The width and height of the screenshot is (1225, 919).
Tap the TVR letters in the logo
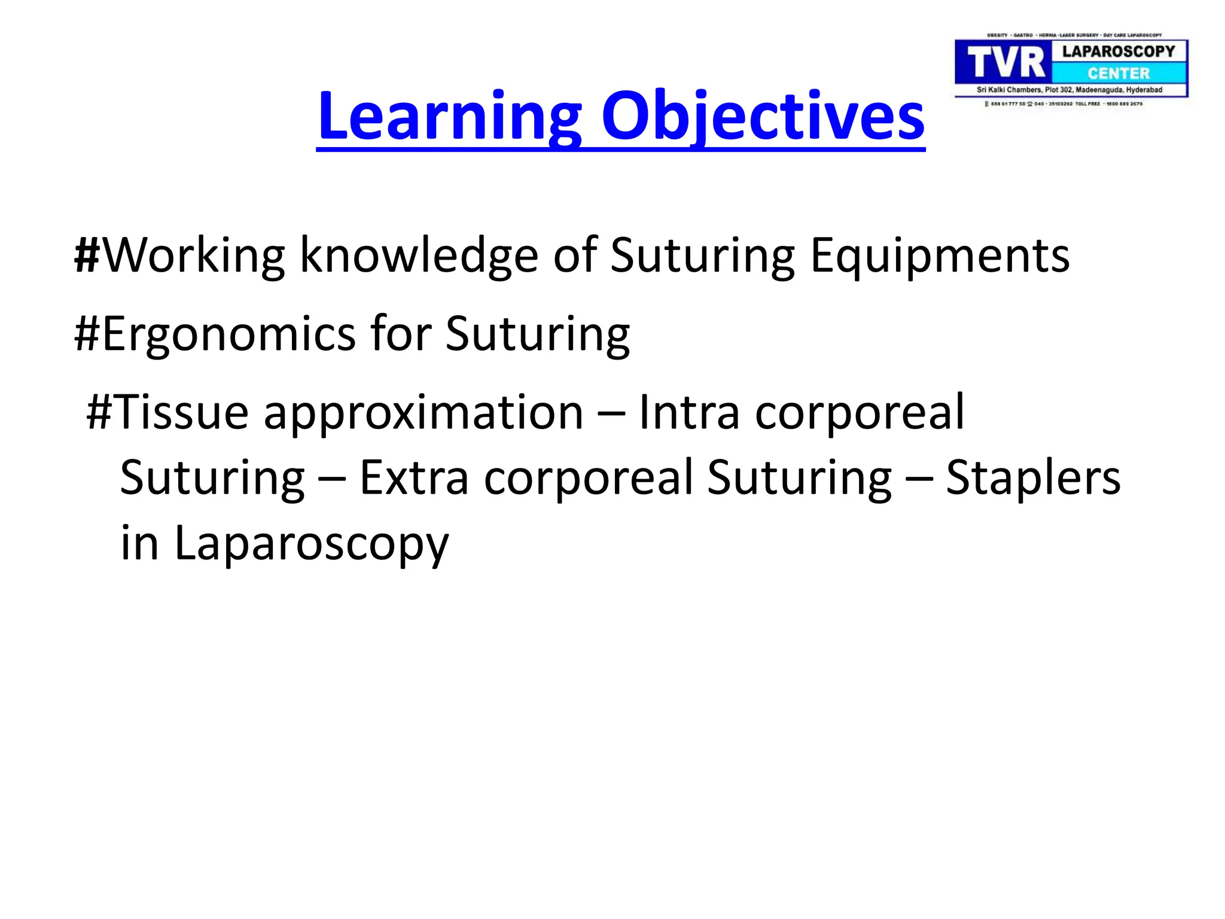(x=1005, y=63)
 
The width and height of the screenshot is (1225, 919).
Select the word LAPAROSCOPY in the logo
(x=1119, y=51)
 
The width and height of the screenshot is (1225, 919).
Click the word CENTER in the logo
(x=1119, y=74)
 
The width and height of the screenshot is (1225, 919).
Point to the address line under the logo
(x=1069, y=90)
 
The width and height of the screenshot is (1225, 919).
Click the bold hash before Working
(x=87, y=255)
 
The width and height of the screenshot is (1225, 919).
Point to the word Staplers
(x=1032, y=479)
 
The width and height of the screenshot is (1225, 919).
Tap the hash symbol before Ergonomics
(x=87, y=334)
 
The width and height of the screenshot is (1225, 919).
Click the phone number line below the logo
(x=1065, y=104)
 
